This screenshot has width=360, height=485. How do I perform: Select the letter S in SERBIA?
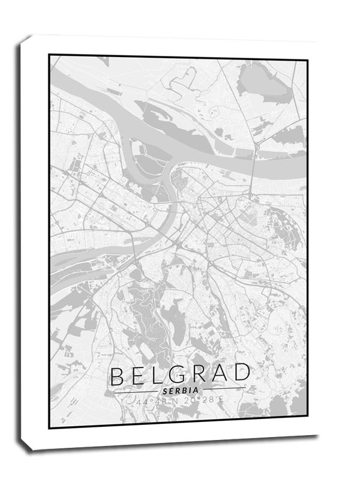[165, 391]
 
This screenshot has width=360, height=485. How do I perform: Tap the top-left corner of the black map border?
[50, 56]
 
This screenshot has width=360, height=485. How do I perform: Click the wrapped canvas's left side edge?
[23, 240]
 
